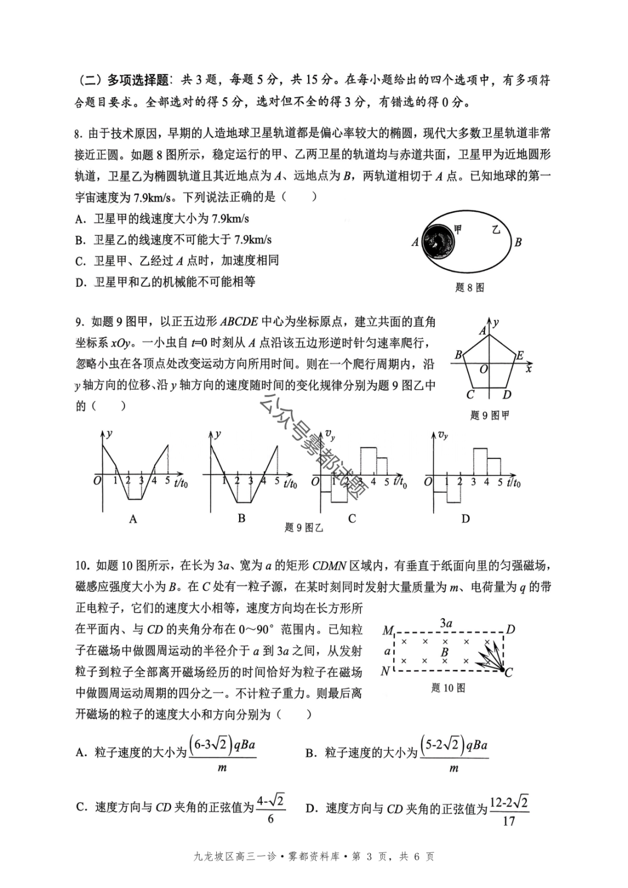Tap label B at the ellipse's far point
tap(518, 242)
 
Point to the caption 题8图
tap(469, 287)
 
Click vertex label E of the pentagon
tap(520, 355)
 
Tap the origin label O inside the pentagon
tap(483, 369)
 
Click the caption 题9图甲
tap(489, 415)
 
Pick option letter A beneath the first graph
tap(133, 519)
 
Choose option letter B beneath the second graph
tap(242, 518)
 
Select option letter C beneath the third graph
tap(352, 518)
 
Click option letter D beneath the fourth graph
tap(465, 518)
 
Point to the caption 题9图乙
tap(304, 527)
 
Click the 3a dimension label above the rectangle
tap(446, 623)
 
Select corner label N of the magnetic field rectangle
tap(386, 671)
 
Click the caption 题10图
tap(448, 688)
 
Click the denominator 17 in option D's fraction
tap(508, 821)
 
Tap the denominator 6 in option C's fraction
tap(270, 819)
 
